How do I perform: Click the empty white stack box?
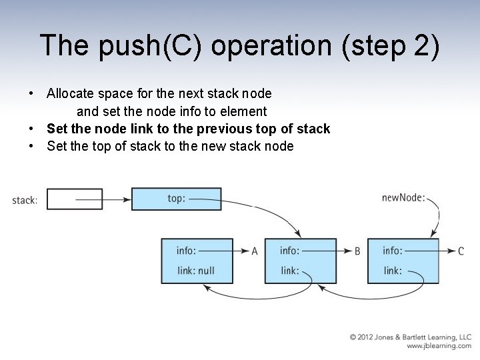coord(75,199)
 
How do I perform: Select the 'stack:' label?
coord(25,200)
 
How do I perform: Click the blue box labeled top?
coord(176,199)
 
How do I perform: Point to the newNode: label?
coord(403,197)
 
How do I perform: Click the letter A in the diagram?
coord(255,251)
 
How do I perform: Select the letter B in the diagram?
coord(357,251)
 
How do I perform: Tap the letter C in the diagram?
coord(461,251)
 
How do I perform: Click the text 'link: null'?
coord(195,271)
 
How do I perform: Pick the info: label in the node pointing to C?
coord(392,251)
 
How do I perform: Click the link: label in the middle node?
coord(289,271)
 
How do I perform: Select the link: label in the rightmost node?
coord(393,271)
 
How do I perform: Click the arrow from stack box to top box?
coord(117,199)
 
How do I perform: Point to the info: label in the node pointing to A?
coord(186,251)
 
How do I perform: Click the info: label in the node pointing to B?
coord(289,251)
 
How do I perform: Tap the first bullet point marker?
coord(31,94)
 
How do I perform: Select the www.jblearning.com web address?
coord(439,346)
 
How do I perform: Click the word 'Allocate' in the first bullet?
coord(69,93)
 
